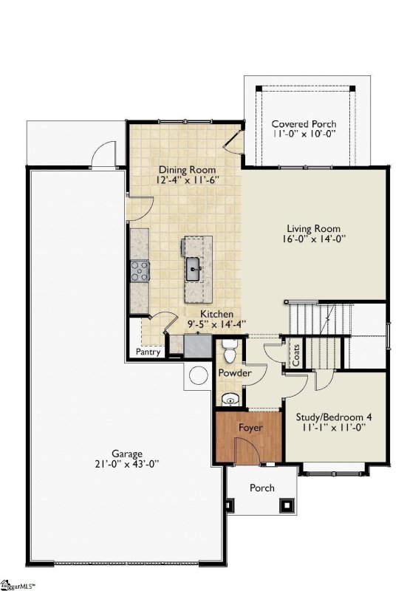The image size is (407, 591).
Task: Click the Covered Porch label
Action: (x=304, y=123)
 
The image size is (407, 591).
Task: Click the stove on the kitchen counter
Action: (x=139, y=270)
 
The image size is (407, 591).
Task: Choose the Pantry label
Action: (x=147, y=352)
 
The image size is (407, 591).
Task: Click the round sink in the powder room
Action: (x=231, y=400)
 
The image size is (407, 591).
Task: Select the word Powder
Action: (x=235, y=374)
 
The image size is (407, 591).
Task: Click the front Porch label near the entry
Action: (x=262, y=488)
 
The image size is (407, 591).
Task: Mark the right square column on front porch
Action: (x=286, y=505)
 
